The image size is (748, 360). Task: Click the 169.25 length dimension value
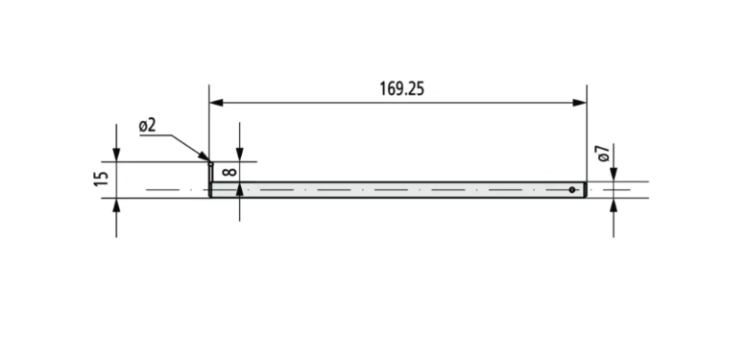[x=401, y=89]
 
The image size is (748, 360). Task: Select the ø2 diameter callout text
[x=148, y=126]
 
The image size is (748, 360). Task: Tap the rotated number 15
[x=102, y=179]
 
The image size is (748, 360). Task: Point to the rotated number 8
[x=229, y=171]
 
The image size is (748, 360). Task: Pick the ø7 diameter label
[x=604, y=153]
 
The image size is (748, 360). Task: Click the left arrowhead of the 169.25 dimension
[x=216, y=103]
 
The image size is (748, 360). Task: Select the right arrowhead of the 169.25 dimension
[x=580, y=103]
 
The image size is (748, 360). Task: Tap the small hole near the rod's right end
[x=572, y=190]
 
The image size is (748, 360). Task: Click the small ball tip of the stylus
[x=210, y=164]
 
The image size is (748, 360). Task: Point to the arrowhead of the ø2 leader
[x=204, y=156]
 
